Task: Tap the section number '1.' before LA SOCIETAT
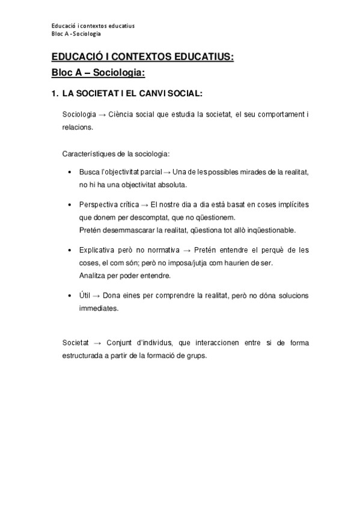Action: tap(54, 94)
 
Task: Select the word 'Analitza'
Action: tap(93, 275)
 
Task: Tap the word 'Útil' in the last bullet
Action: tap(86, 296)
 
